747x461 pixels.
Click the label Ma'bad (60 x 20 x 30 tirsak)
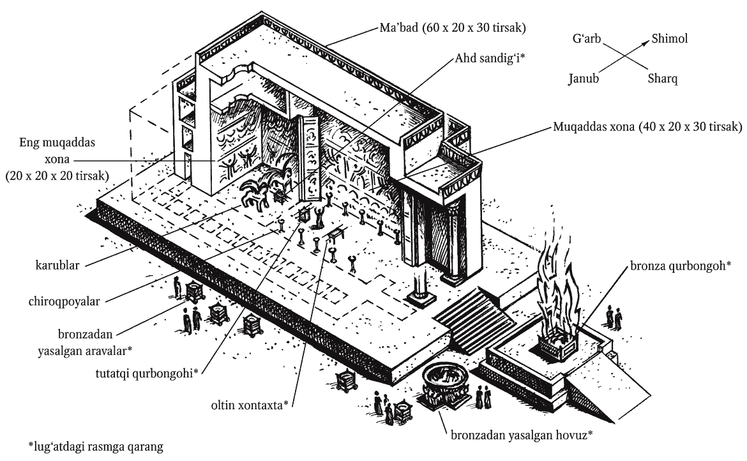(453, 27)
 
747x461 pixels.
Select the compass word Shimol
(670, 38)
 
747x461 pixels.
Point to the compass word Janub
(584, 78)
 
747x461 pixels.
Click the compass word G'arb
(587, 38)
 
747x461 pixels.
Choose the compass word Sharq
(662, 79)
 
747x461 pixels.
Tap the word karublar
(57, 265)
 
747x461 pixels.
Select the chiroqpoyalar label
(64, 301)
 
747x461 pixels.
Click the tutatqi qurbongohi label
(147, 373)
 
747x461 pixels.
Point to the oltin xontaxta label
(250, 405)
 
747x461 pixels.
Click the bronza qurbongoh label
(681, 266)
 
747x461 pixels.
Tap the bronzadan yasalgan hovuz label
(522, 435)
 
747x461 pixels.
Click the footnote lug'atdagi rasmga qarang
(95, 447)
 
